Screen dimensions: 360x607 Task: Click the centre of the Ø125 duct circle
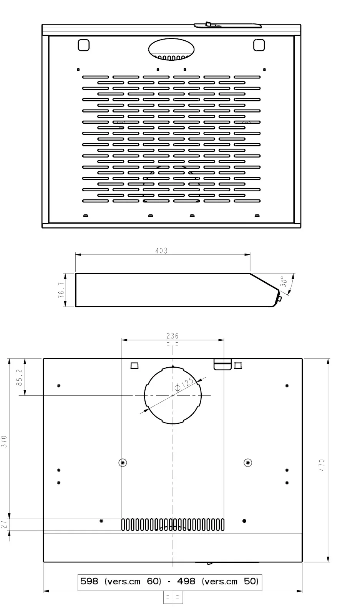(173, 395)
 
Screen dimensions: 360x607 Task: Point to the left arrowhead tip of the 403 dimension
(76, 255)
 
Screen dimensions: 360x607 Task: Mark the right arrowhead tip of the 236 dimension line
(224, 340)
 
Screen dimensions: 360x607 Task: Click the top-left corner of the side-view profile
(76, 274)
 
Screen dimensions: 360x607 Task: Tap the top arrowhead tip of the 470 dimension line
(328, 359)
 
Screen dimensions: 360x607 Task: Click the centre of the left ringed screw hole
(123, 463)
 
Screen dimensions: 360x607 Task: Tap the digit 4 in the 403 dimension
(157, 251)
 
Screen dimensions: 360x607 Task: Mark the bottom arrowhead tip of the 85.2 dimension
(25, 395)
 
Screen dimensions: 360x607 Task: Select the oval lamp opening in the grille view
(171, 49)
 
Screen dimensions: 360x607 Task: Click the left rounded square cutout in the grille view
(83, 45)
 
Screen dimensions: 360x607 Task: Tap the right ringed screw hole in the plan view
(248, 463)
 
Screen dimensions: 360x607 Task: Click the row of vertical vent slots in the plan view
(173, 525)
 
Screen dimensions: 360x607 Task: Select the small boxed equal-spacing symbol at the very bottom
(173, 597)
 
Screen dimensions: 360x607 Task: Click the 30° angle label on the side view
(284, 282)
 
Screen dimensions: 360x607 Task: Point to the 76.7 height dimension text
(61, 290)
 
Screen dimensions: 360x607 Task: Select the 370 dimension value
(4, 441)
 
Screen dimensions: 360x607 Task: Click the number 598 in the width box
(89, 581)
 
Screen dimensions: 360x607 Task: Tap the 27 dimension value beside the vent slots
(4, 524)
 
